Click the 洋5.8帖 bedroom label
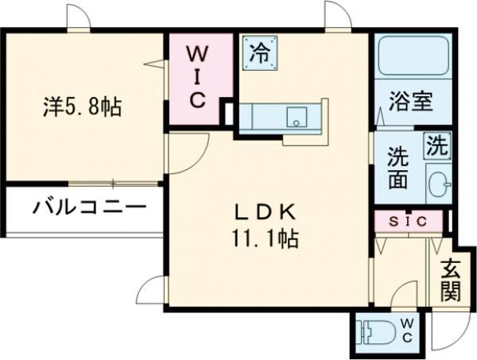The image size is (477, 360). click(82, 106)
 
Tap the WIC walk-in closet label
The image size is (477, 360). click(197, 78)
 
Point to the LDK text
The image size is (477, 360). click(266, 211)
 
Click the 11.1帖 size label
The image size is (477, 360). click(266, 238)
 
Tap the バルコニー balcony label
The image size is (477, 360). click(89, 208)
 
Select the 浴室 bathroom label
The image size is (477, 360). click(410, 102)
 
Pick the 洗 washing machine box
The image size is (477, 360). click(436, 145)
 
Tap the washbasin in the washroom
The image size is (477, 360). click(437, 183)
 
